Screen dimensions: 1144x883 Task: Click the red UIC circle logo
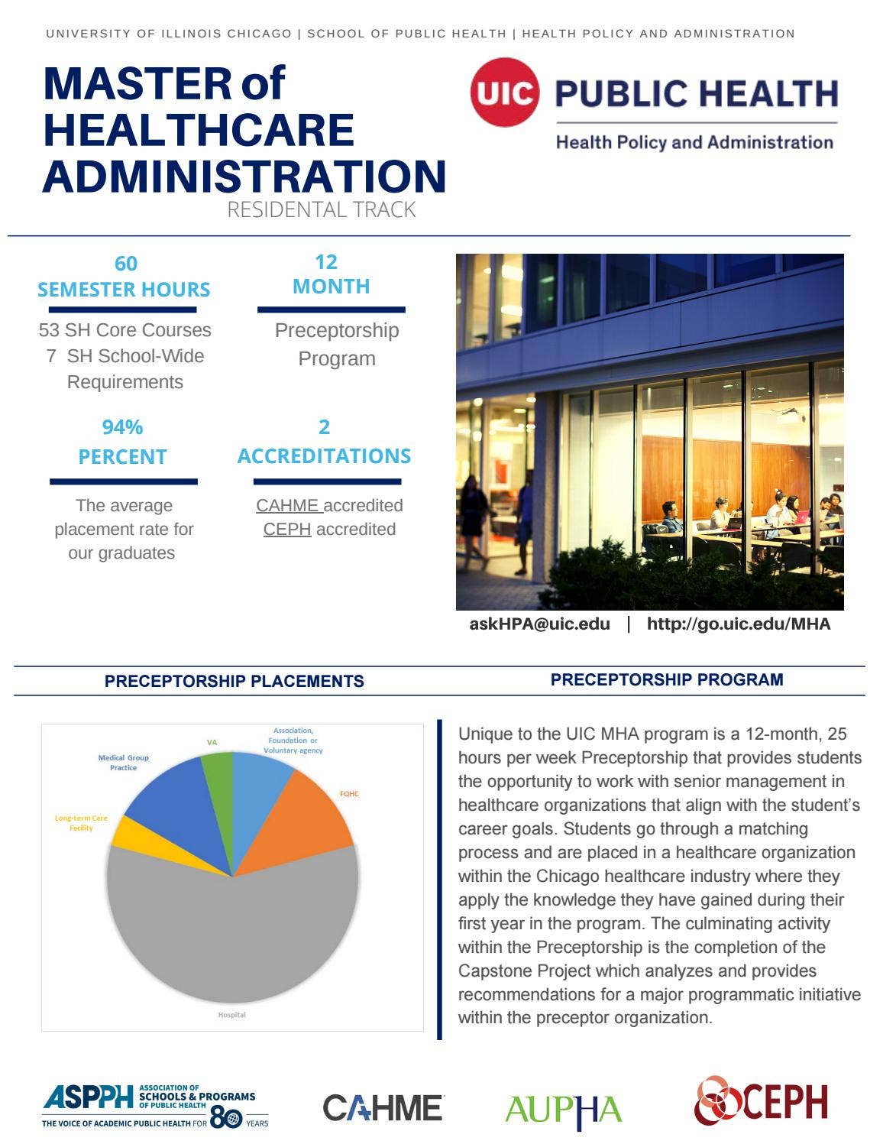pyautogui.click(x=504, y=92)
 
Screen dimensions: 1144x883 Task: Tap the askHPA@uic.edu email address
pyautogui.click(x=539, y=624)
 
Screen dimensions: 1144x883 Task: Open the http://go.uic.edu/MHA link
pyautogui.click(x=738, y=624)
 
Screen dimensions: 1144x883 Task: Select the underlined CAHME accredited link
pyautogui.click(x=289, y=505)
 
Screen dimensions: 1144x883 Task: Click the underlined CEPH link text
pyautogui.click(x=286, y=529)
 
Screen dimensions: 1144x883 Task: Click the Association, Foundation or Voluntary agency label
pyautogui.click(x=293, y=740)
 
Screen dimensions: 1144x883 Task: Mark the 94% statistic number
pyautogui.click(x=122, y=426)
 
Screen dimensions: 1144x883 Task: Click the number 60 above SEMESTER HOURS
pyautogui.click(x=126, y=264)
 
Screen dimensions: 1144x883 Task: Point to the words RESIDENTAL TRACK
pyautogui.click(x=321, y=209)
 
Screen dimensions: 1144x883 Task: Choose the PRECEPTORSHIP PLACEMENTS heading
pyautogui.click(x=234, y=681)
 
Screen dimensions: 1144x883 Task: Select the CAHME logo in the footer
pyautogui.click(x=383, y=1108)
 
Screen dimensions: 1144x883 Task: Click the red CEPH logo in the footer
pyautogui.click(x=761, y=1102)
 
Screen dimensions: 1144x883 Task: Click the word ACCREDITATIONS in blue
pyautogui.click(x=324, y=455)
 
